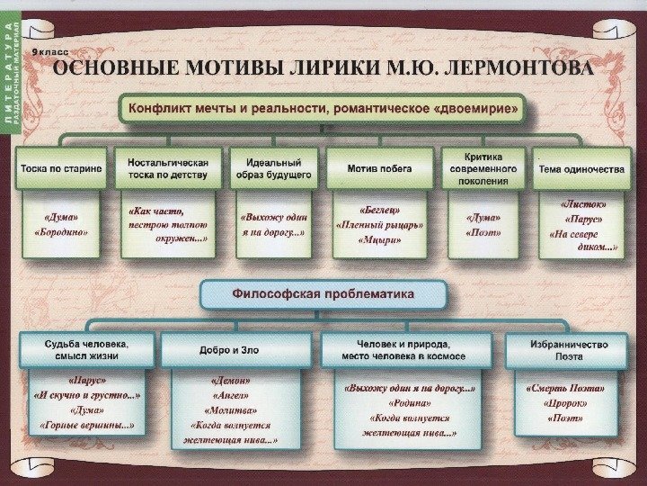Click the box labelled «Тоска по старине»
point(61,168)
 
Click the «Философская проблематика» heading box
point(323,293)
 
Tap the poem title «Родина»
point(409,402)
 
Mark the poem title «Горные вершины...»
point(87,424)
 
